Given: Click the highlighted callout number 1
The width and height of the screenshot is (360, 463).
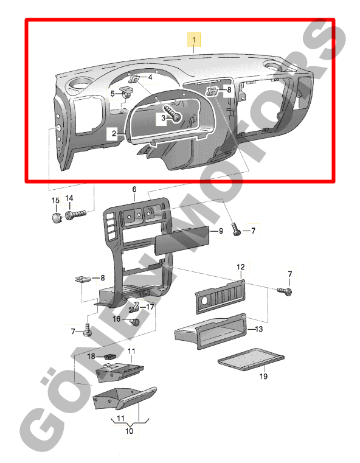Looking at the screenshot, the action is (194, 40).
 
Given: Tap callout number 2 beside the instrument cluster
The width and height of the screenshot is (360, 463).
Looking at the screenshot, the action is (114, 133).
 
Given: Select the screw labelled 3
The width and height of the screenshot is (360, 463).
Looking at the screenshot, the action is (173, 113).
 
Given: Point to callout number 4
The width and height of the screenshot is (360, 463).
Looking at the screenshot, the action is (150, 77).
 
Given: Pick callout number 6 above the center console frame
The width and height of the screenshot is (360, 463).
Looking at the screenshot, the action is (134, 189).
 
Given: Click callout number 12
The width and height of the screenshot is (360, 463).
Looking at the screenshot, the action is (240, 267).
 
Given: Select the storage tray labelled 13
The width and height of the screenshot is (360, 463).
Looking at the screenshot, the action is (210, 332).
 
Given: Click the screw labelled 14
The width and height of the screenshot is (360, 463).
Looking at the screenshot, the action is (75, 215).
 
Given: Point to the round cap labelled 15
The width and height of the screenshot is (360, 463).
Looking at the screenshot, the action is (56, 218).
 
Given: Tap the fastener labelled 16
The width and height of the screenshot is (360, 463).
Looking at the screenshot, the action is (134, 322).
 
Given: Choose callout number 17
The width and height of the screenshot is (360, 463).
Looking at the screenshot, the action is (150, 307).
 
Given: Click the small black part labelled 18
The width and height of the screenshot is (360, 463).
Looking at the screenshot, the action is (110, 356).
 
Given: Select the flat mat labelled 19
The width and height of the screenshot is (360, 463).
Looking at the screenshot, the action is (251, 360).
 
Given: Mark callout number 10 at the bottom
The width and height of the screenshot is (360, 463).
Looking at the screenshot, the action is (130, 431).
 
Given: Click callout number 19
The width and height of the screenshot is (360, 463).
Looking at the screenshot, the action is (263, 377).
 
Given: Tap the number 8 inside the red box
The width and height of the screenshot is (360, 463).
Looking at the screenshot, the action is (229, 89).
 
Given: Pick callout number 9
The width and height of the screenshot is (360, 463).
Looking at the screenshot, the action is (221, 231).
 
